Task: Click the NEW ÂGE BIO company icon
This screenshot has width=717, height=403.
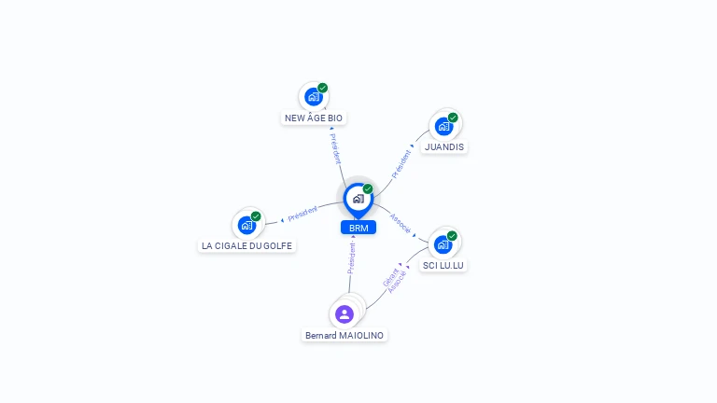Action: point(314,97)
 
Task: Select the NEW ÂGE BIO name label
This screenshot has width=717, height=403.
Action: point(314,118)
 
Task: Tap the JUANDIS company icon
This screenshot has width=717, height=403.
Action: point(443,127)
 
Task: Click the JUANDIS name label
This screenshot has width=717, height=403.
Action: point(444,147)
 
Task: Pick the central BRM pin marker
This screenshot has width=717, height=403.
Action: point(358,201)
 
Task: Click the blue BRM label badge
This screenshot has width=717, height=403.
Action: point(358,228)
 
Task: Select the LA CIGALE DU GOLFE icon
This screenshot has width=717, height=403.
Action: point(246,225)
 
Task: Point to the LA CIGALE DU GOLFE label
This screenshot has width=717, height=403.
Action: point(246,246)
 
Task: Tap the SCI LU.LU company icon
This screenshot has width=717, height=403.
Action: point(443,245)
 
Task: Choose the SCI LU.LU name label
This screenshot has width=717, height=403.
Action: point(443,266)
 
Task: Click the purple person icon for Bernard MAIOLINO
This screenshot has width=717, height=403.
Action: point(344,314)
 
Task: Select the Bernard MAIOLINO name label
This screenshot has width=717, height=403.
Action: point(344,336)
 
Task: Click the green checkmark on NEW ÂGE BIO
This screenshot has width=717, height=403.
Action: point(323,88)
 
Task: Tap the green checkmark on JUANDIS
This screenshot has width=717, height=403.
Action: point(453,118)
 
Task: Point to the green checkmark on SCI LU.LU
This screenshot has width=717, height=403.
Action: point(452,236)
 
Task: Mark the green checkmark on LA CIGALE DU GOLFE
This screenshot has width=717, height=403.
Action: point(256,216)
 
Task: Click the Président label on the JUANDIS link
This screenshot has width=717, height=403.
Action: point(401,164)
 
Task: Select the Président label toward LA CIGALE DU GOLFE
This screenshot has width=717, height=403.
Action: point(302,214)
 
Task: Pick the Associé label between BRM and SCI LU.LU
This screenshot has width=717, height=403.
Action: point(401,224)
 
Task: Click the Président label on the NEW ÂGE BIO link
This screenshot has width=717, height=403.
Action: point(336,149)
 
